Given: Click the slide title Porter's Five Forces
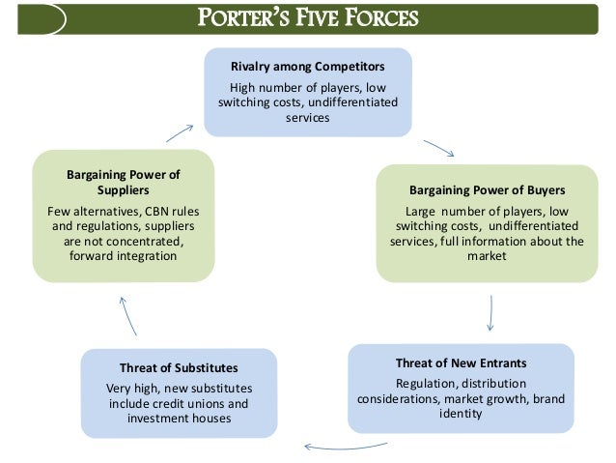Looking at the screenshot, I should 307,18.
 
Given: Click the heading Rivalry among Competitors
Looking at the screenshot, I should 307,68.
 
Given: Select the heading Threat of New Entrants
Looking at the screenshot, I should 461,362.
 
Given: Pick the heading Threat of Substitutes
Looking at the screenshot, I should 179,368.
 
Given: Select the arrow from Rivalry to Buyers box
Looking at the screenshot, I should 438,148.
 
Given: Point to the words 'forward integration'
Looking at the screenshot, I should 124,256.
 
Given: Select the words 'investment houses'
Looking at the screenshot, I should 179,419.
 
